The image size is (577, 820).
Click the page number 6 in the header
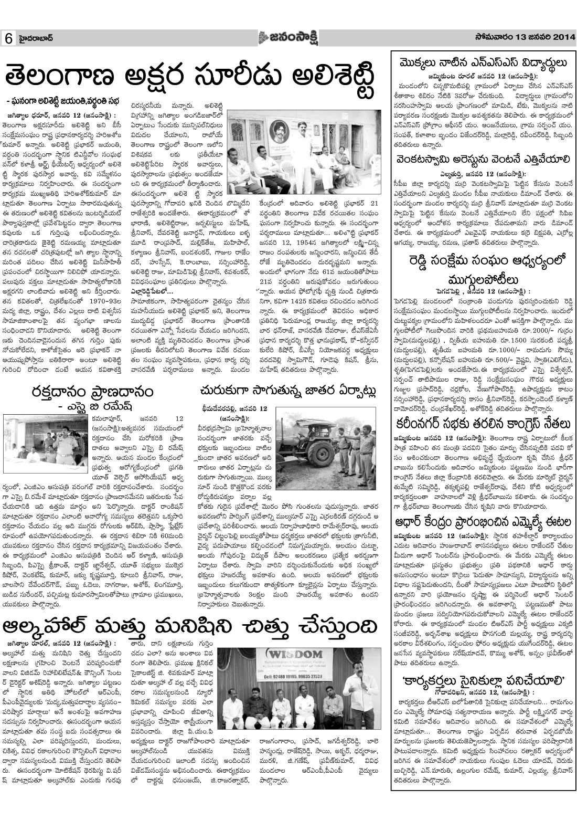pyautogui.click(x=9, y=39)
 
